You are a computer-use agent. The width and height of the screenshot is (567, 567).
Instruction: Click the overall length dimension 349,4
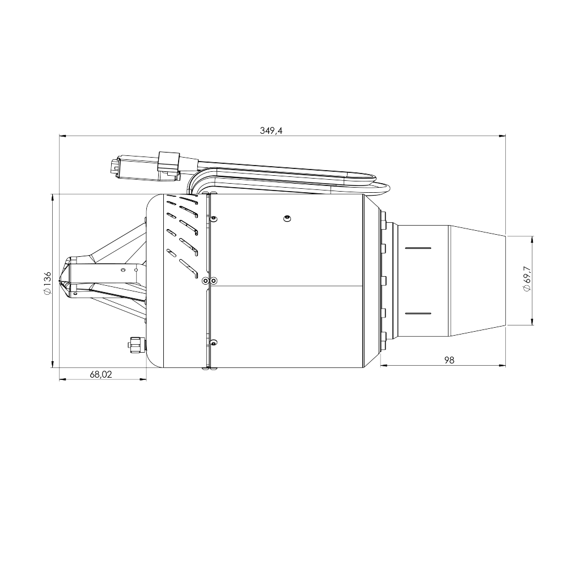point(271,130)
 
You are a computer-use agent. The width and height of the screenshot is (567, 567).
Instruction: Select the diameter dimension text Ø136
point(47,282)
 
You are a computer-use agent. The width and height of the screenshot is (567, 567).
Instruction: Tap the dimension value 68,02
point(101,374)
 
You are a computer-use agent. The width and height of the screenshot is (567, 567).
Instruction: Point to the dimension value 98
point(449,360)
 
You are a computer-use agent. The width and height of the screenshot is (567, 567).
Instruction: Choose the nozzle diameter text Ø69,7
point(527,279)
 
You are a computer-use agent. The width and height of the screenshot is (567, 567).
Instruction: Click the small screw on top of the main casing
point(287,218)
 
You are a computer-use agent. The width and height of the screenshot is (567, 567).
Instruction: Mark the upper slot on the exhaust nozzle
point(418,248)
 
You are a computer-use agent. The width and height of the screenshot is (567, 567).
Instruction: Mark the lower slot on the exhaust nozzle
point(418,313)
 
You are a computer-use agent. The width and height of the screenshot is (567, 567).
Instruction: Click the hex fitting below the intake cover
point(135,344)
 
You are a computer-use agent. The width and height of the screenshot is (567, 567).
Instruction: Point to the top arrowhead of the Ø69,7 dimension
point(532,239)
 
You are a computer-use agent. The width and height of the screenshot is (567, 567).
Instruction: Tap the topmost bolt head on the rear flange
point(384,217)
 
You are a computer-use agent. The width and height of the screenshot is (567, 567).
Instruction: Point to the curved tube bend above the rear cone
point(384,187)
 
